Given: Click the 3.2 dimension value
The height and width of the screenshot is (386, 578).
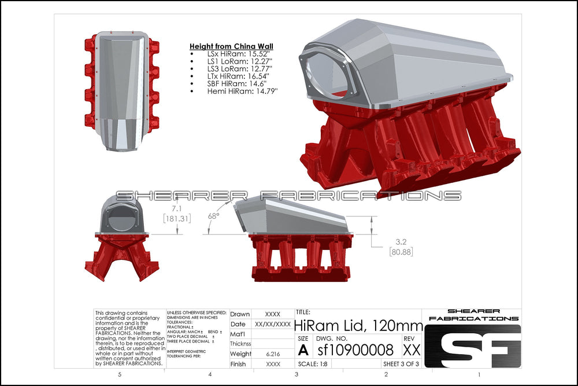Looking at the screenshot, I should [x=400, y=242].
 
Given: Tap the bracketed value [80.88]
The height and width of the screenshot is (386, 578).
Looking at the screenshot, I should [x=400, y=252].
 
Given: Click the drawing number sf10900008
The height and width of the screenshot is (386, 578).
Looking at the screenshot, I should [x=355, y=350].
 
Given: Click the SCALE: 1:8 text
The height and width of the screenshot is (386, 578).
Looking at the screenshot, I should [x=314, y=364].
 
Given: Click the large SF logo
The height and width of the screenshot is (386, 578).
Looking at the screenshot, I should [x=473, y=348].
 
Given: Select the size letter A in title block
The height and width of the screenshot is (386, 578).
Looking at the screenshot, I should [x=303, y=350].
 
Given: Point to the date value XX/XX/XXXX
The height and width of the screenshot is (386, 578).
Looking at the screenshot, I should [x=273, y=324].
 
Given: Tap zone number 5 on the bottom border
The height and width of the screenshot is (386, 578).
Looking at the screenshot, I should [x=119, y=375].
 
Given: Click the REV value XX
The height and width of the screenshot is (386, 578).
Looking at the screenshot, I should [x=411, y=350].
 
